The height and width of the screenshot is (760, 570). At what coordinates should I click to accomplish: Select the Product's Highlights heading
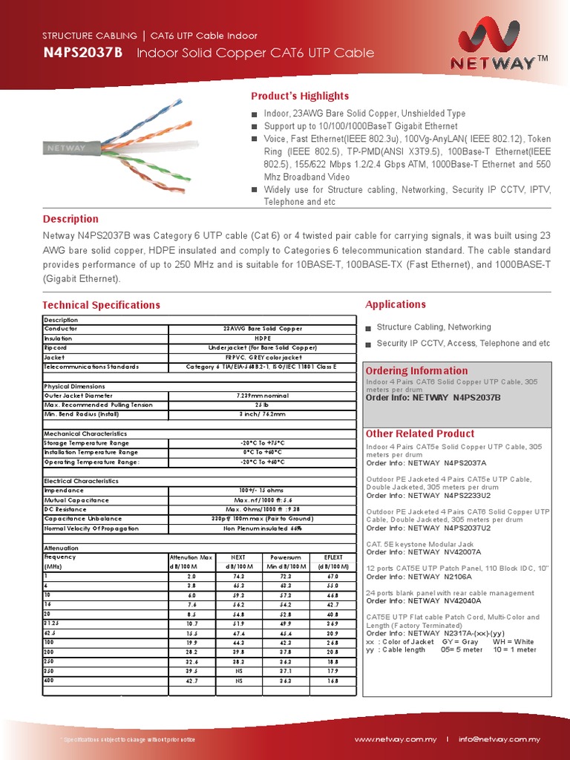(x=299, y=96)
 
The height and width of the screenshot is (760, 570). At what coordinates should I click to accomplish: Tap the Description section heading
(x=71, y=219)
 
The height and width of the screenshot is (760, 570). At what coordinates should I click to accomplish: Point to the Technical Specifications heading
(x=101, y=305)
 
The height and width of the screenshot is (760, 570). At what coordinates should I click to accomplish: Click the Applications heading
(x=396, y=304)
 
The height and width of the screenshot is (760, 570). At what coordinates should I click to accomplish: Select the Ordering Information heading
(x=417, y=370)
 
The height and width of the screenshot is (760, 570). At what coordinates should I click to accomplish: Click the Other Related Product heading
(x=420, y=433)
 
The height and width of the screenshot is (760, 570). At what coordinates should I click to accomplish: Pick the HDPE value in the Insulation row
(x=263, y=338)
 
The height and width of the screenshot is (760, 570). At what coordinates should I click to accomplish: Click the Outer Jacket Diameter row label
(x=79, y=396)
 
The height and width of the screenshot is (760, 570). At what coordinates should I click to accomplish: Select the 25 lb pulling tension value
(x=263, y=405)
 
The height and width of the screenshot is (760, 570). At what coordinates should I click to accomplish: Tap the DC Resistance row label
(x=68, y=510)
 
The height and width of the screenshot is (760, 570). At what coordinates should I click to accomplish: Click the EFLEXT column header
(x=333, y=557)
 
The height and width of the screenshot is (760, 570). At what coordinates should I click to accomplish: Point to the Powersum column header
(x=286, y=557)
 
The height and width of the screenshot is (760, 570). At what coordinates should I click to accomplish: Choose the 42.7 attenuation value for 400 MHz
(x=191, y=681)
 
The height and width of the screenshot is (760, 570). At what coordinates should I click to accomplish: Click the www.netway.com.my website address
(x=395, y=740)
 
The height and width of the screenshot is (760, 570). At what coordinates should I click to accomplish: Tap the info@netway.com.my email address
(x=499, y=740)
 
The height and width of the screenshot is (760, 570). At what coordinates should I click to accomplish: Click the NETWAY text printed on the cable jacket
(x=67, y=148)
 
